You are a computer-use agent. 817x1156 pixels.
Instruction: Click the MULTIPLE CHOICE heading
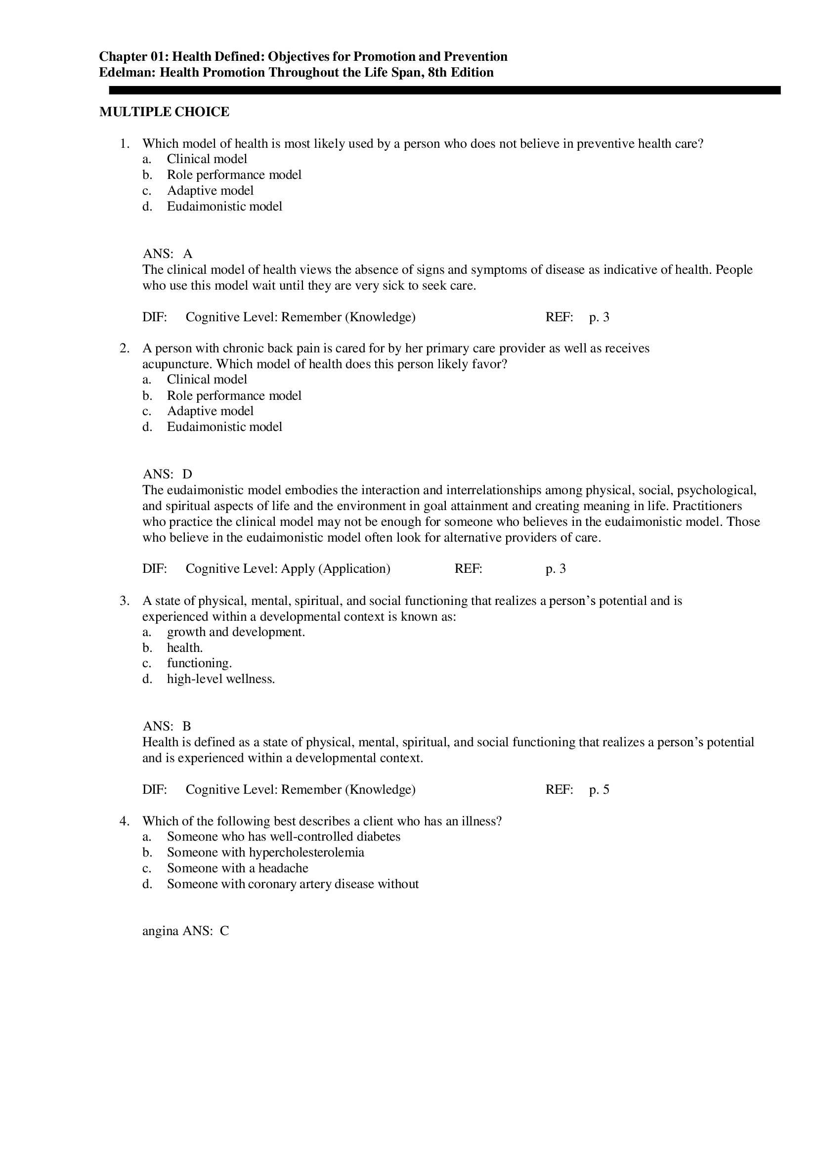click(164, 112)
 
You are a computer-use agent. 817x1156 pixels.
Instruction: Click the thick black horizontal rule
click(444, 90)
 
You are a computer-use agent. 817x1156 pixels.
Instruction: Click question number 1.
click(125, 143)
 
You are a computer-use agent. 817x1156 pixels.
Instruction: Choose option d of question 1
click(224, 207)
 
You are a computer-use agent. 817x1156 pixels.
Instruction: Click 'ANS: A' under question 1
click(168, 254)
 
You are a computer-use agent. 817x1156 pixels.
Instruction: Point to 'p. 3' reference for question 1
click(599, 317)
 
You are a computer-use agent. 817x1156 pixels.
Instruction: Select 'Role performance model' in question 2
click(234, 396)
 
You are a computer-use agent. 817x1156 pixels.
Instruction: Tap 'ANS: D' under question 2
click(168, 474)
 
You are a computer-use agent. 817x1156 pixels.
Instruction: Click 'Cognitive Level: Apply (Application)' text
click(288, 569)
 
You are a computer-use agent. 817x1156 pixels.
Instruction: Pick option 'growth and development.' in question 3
click(236, 632)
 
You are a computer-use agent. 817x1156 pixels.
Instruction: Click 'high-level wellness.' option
click(220, 679)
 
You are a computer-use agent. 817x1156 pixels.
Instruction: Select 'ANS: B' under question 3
click(167, 726)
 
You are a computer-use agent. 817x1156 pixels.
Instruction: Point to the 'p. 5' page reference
click(599, 789)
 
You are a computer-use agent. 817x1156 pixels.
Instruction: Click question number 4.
click(125, 821)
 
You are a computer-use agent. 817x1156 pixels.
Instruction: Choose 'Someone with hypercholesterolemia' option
click(265, 853)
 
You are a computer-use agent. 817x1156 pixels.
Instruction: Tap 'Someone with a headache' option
click(237, 868)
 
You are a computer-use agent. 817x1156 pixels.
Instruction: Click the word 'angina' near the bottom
click(160, 931)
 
